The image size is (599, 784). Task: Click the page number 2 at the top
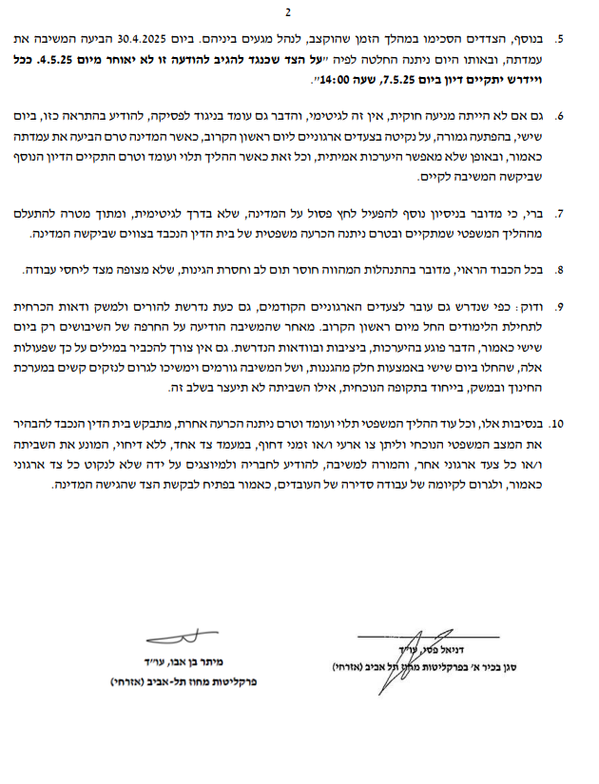click(288, 12)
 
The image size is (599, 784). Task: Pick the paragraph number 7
click(560, 214)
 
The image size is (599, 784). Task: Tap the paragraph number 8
click(560, 271)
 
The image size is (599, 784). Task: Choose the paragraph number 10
click(558, 422)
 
